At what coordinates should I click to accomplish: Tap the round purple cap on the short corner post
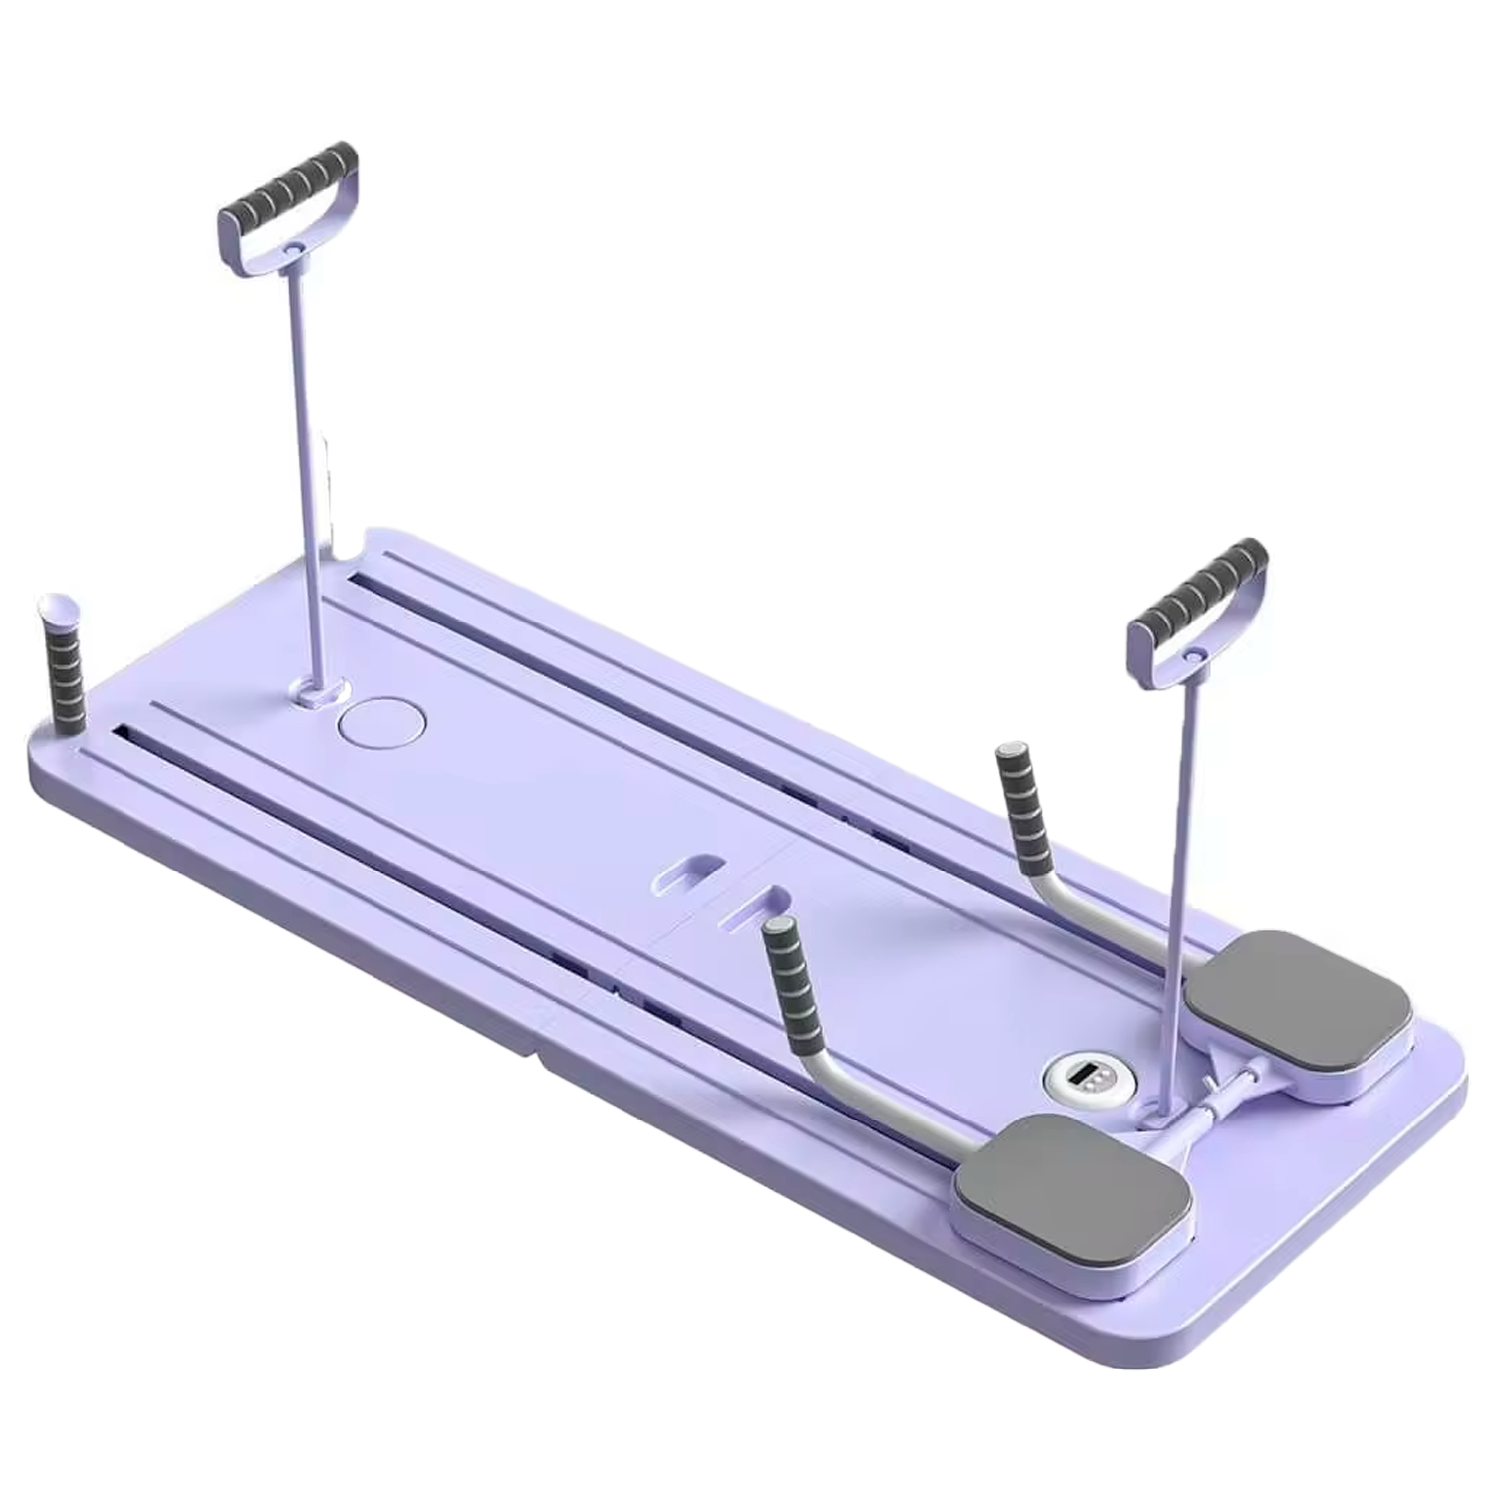[53, 606]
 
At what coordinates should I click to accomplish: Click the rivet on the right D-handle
[1193, 656]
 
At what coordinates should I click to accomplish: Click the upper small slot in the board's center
[690, 866]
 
